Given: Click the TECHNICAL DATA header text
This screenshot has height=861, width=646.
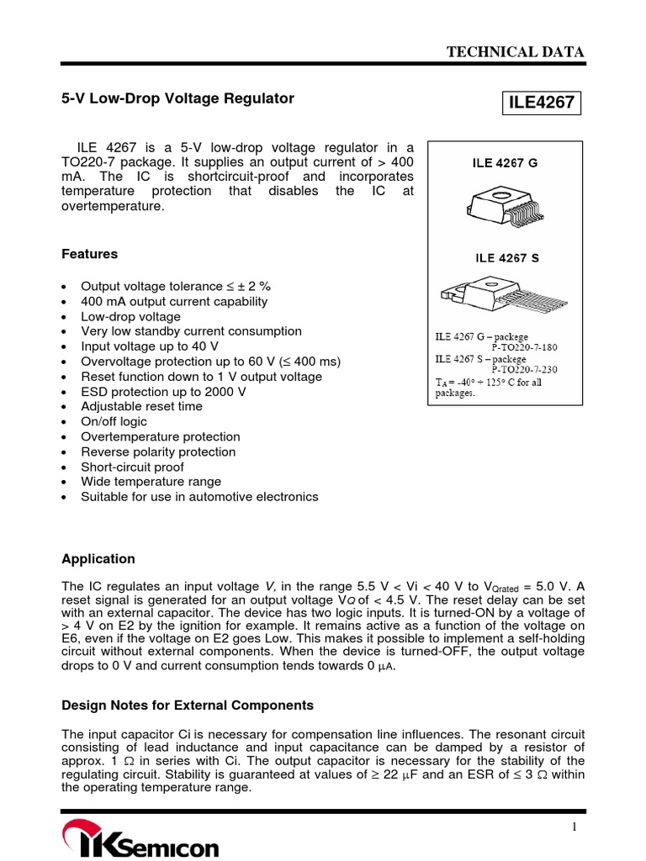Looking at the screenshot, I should pos(515,52).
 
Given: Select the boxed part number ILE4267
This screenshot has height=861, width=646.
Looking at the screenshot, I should pos(540,103).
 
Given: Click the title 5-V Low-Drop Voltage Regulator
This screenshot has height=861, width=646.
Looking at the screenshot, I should pos(178,98).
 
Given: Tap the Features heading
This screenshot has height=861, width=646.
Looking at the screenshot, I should pos(90,254).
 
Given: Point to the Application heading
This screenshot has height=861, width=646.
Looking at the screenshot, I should pos(98,559).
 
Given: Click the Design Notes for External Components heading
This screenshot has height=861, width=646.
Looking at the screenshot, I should pos(188,705).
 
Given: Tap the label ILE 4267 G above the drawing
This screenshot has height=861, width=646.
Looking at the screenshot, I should pos(504,163).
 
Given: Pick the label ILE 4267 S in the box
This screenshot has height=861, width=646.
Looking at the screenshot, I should pos(504,258).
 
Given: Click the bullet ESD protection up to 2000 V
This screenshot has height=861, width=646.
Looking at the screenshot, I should pos(163,392).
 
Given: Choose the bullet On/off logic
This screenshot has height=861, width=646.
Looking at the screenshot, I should pos(114,422).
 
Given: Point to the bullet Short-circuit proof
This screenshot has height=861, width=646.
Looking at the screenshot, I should pos(132,467).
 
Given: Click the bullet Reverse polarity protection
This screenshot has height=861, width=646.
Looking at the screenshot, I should pos(158,452).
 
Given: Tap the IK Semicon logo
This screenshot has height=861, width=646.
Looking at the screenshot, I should pos(140,842).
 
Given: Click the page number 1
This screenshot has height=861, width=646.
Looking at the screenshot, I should pos(575,827).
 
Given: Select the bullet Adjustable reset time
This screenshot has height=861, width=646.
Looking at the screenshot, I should pos(141,407).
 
